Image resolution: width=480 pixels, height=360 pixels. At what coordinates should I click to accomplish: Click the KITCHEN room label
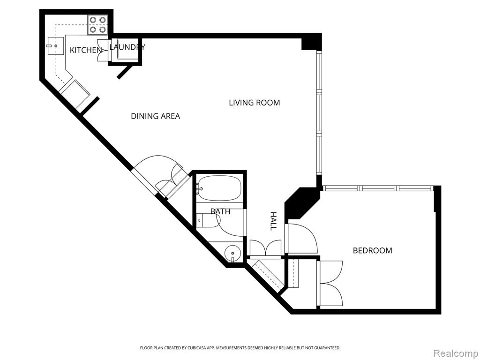(x=86, y=50)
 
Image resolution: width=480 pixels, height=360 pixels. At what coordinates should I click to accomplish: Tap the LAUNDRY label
(x=127, y=47)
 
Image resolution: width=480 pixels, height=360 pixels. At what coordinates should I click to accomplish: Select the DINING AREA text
(x=155, y=116)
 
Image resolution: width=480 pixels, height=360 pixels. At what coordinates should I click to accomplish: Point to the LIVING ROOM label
(x=255, y=103)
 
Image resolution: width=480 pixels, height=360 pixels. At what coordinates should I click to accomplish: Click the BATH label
(x=220, y=211)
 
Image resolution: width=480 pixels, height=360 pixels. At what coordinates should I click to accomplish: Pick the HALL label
(x=273, y=221)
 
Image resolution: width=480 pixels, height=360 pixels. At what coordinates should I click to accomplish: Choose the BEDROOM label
(x=373, y=250)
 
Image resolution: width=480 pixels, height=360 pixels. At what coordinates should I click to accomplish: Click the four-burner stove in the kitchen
(x=97, y=25)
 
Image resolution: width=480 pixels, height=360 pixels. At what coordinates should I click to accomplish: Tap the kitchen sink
(x=56, y=45)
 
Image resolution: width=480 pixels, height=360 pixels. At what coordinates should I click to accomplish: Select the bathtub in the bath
(x=218, y=188)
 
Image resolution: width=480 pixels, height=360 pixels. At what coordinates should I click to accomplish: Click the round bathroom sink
(x=232, y=253)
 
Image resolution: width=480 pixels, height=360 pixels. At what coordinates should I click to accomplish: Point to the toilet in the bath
(x=209, y=220)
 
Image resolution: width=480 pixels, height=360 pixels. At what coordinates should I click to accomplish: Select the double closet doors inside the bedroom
(x=330, y=283)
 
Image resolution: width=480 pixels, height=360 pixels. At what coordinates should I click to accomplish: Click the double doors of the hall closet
(x=266, y=247)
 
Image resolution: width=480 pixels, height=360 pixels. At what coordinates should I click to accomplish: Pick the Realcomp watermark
(x=455, y=353)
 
